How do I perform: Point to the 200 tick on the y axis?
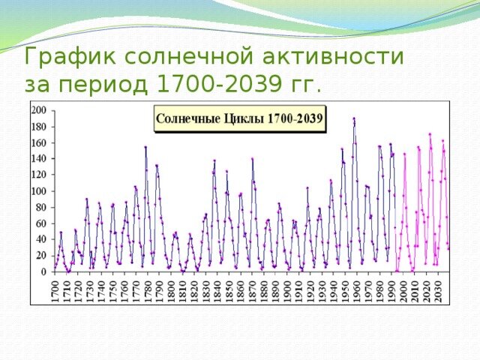pos(39,110)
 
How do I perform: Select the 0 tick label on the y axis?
pos(43,272)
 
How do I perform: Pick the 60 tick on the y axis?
pos(40,223)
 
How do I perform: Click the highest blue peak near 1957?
pos(354,118)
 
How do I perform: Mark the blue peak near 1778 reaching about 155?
pos(145,147)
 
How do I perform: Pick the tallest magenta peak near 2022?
pos(430,134)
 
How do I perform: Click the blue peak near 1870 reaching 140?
pos(252,159)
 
